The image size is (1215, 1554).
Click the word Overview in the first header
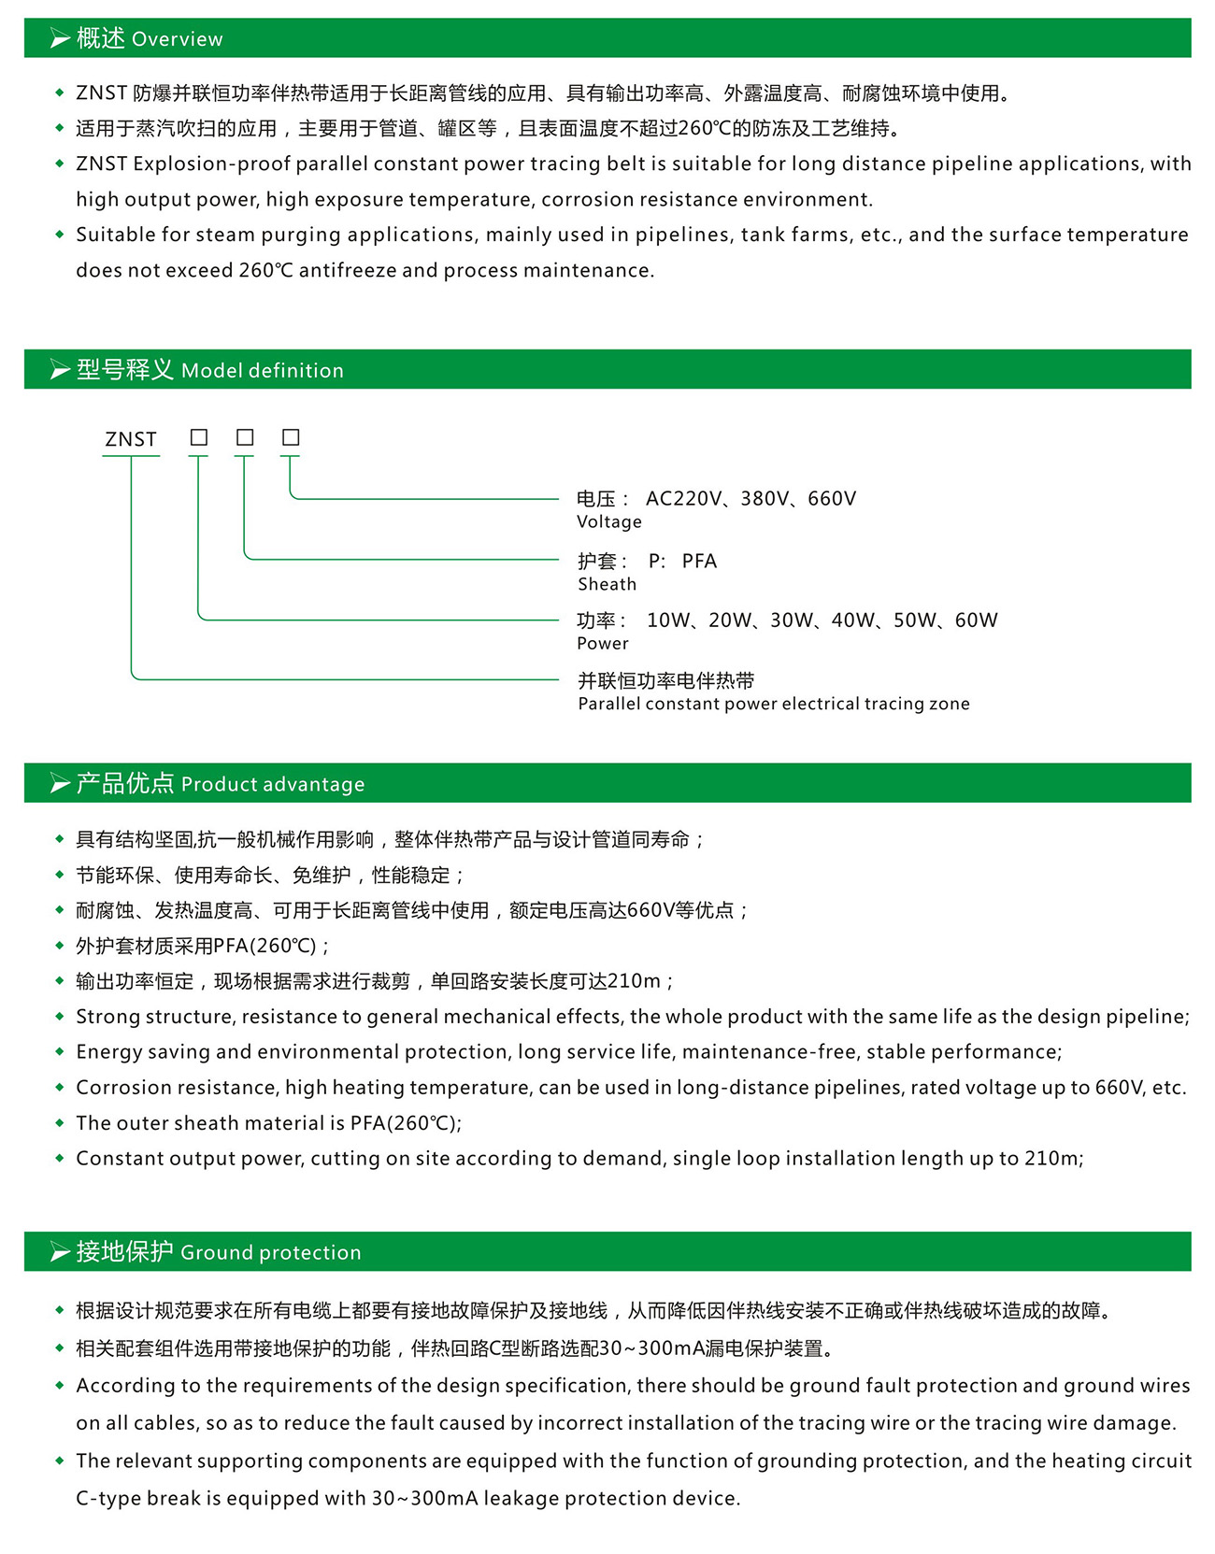tap(178, 39)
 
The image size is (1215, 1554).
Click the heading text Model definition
tap(263, 371)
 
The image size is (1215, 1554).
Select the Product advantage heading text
tap(273, 785)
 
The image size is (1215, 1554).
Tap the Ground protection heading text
tap(271, 1253)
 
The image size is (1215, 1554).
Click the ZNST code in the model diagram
tap(131, 439)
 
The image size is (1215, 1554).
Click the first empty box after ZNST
tap(199, 437)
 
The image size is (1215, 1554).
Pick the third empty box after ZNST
tap(291, 437)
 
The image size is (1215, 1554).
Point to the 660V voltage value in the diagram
tap(832, 499)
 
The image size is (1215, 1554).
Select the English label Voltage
tap(609, 522)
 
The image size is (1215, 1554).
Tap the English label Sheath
tap(607, 585)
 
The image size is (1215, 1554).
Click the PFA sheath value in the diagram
tap(699, 562)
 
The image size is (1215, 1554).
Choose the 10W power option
tap(667, 620)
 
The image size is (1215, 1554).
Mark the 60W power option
tap(977, 620)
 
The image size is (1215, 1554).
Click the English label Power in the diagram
tap(603, 644)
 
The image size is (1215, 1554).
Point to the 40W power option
tap(852, 620)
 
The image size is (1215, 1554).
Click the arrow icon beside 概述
tap(60, 39)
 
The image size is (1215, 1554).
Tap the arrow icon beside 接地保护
tap(60, 1253)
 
